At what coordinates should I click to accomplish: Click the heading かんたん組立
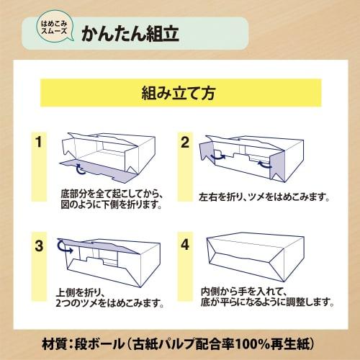130,34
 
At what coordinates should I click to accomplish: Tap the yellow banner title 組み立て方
179,93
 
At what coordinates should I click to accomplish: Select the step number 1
38,142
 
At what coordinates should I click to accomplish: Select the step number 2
185,143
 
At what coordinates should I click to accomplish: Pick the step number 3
39,246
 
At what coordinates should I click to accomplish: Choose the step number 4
185,245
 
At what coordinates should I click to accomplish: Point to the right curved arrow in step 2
264,164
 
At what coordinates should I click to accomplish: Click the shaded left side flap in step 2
207,150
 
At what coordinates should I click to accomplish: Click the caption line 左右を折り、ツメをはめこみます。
264,197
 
